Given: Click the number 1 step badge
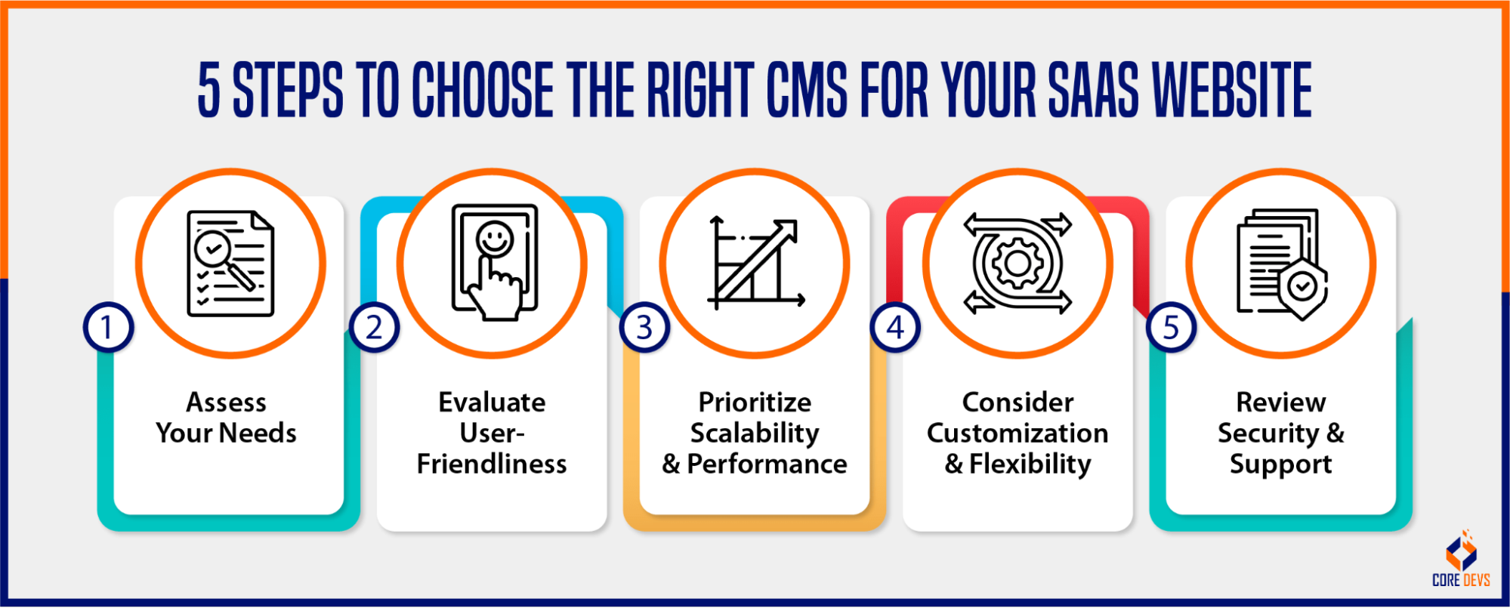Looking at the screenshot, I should (x=108, y=328).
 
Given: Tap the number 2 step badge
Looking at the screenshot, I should (x=374, y=328).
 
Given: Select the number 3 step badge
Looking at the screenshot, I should (x=644, y=328).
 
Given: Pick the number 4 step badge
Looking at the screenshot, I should (x=895, y=328).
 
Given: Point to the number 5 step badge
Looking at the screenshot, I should (x=1171, y=328).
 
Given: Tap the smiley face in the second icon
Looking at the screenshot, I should (x=495, y=239).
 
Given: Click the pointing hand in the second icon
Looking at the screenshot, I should (x=496, y=295).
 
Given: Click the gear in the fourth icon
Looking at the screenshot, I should (x=1017, y=264).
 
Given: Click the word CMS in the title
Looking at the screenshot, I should (x=807, y=91).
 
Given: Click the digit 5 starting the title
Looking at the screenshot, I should (x=208, y=91).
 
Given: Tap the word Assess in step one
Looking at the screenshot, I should (x=226, y=403).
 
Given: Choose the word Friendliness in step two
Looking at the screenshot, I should (x=492, y=464).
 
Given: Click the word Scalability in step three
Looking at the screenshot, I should (x=755, y=434).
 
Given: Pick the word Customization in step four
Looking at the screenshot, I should (x=1017, y=434).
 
